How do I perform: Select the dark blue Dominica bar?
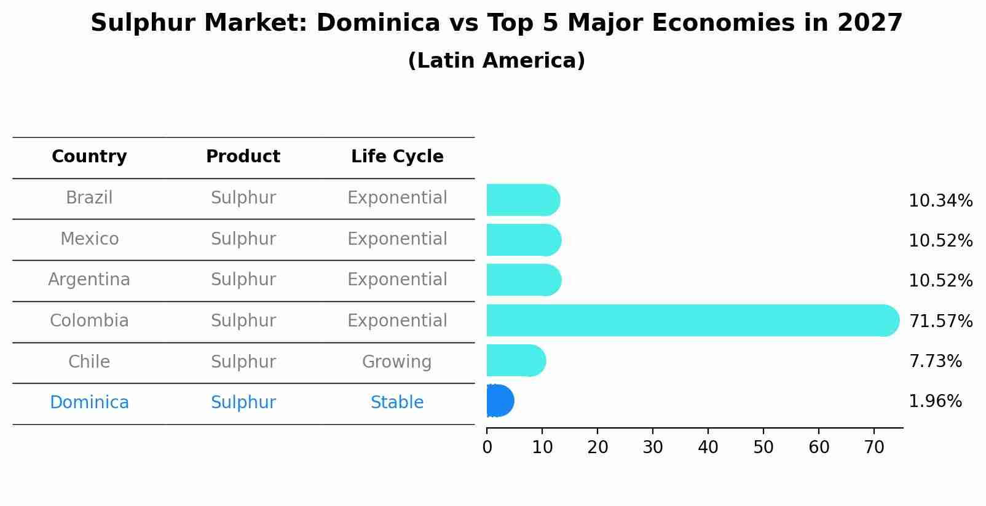[499, 401]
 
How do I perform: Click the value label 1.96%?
[935, 401]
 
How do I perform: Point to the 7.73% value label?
[935, 361]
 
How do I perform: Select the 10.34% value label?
[941, 201]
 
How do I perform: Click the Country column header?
[89, 157]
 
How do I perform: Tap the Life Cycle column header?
[397, 157]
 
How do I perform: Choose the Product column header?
[243, 157]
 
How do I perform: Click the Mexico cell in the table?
[89, 239]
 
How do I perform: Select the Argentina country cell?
[89, 280]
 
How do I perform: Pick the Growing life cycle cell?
[397, 362]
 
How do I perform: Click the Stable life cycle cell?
[397, 403]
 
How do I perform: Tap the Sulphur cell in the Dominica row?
[243, 403]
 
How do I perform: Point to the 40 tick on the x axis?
[708, 448]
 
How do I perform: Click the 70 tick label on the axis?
[874, 448]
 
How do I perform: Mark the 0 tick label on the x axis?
[487, 448]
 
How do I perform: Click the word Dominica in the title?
[378, 23]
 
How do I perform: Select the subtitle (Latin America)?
[496, 61]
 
